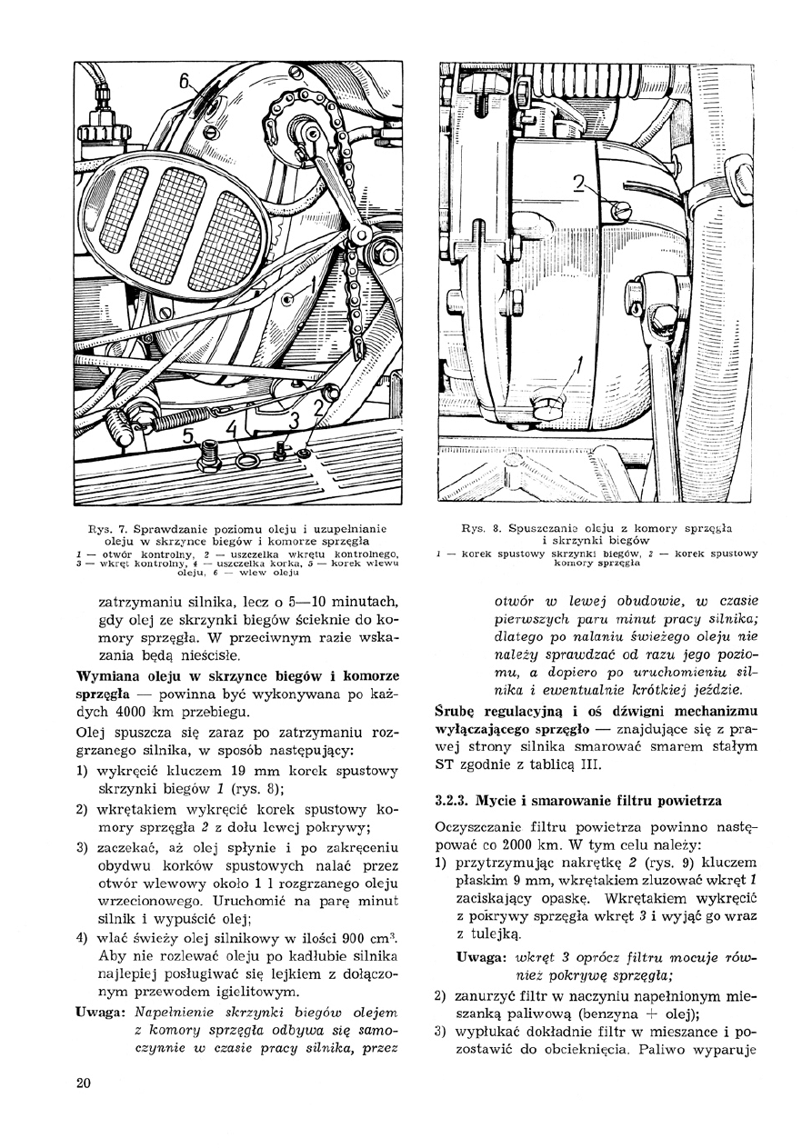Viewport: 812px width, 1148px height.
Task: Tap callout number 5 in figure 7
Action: click(189, 436)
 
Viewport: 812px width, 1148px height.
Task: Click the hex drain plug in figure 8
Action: click(550, 407)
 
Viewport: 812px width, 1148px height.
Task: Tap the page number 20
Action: click(84, 1082)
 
